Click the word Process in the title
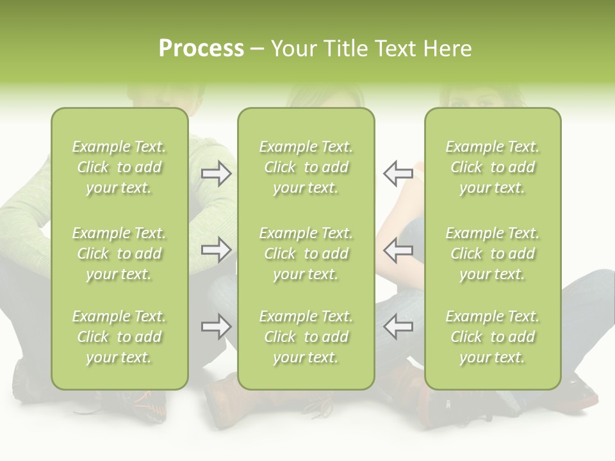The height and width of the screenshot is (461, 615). pyautogui.click(x=201, y=49)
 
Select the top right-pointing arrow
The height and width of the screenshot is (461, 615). pyautogui.click(x=216, y=174)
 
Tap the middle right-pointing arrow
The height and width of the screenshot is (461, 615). pyautogui.click(x=216, y=250)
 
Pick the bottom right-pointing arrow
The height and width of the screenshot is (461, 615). pyautogui.click(x=216, y=327)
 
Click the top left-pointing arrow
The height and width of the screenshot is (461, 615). pyautogui.click(x=398, y=174)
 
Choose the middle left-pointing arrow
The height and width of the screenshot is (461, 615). pyautogui.click(x=398, y=250)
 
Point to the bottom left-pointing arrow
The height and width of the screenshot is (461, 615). pyautogui.click(x=398, y=327)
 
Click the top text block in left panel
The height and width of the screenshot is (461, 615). pyautogui.click(x=119, y=167)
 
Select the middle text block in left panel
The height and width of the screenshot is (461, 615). pyautogui.click(x=119, y=254)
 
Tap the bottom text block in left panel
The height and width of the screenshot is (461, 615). pyautogui.click(x=119, y=337)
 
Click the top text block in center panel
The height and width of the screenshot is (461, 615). pyautogui.click(x=306, y=167)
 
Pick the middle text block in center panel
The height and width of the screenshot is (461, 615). pyautogui.click(x=306, y=254)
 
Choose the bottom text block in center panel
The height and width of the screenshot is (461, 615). pyautogui.click(x=306, y=337)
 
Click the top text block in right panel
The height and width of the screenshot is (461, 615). pyautogui.click(x=492, y=167)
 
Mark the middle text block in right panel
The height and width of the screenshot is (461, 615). pyautogui.click(x=492, y=254)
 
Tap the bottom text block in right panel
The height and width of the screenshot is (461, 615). pyautogui.click(x=492, y=337)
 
